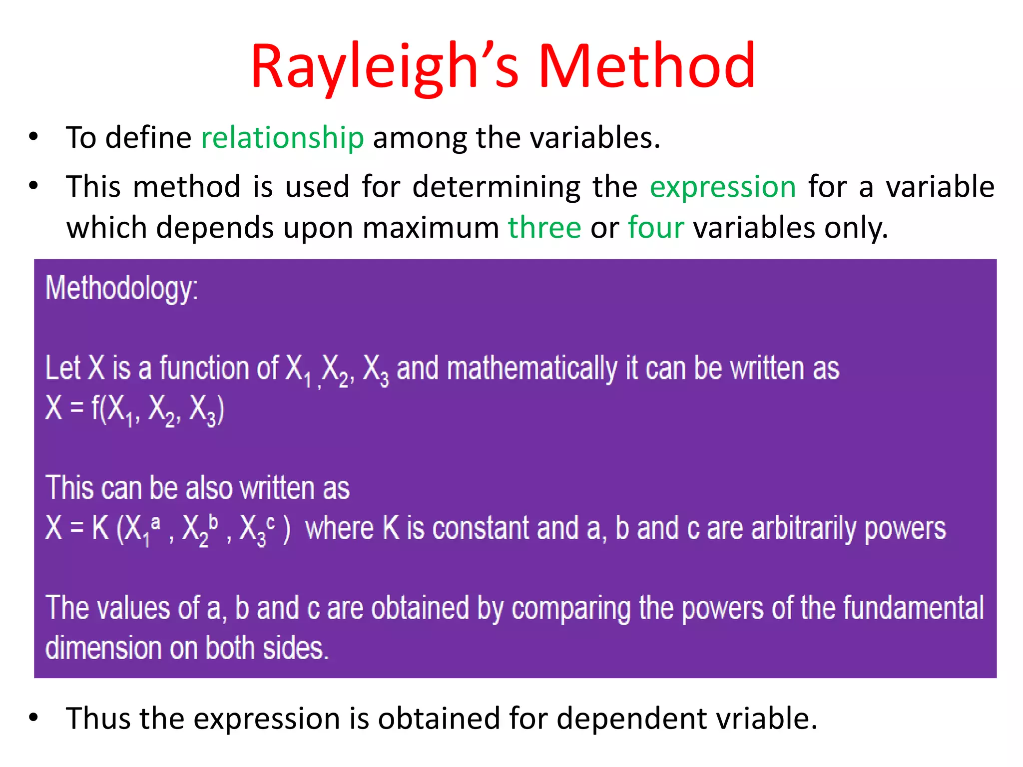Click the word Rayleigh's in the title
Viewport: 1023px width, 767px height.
tap(385, 67)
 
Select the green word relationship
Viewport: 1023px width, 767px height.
tap(282, 138)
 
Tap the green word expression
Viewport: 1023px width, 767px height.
tap(723, 187)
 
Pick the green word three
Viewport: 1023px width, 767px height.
tap(544, 228)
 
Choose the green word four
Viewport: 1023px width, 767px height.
tap(655, 228)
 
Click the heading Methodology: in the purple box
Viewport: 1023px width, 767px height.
tap(122, 288)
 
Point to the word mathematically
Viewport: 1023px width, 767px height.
tap(532, 369)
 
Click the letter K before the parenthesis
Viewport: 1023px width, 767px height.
tap(100, 528)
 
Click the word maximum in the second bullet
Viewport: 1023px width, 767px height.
tap(431, 228)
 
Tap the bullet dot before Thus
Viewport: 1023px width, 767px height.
tap(33, 718)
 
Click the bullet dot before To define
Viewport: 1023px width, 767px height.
tap(33, 137)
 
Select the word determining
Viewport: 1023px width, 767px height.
tap(496, 187)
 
